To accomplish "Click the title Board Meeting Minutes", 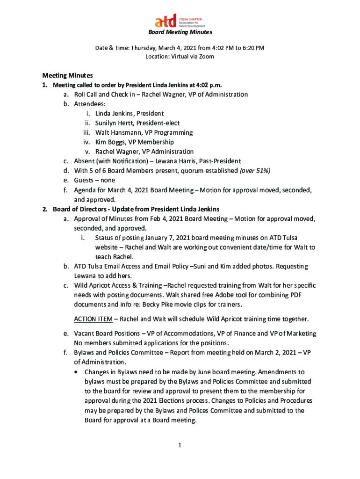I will pos(180,32).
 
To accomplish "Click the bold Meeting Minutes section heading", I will pos(67,75).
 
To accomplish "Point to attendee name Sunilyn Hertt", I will pos(114,123).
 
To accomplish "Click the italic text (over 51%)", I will pos(255,171).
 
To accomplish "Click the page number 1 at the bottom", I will pos(180,445).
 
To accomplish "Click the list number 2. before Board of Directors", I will pos(45,209).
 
